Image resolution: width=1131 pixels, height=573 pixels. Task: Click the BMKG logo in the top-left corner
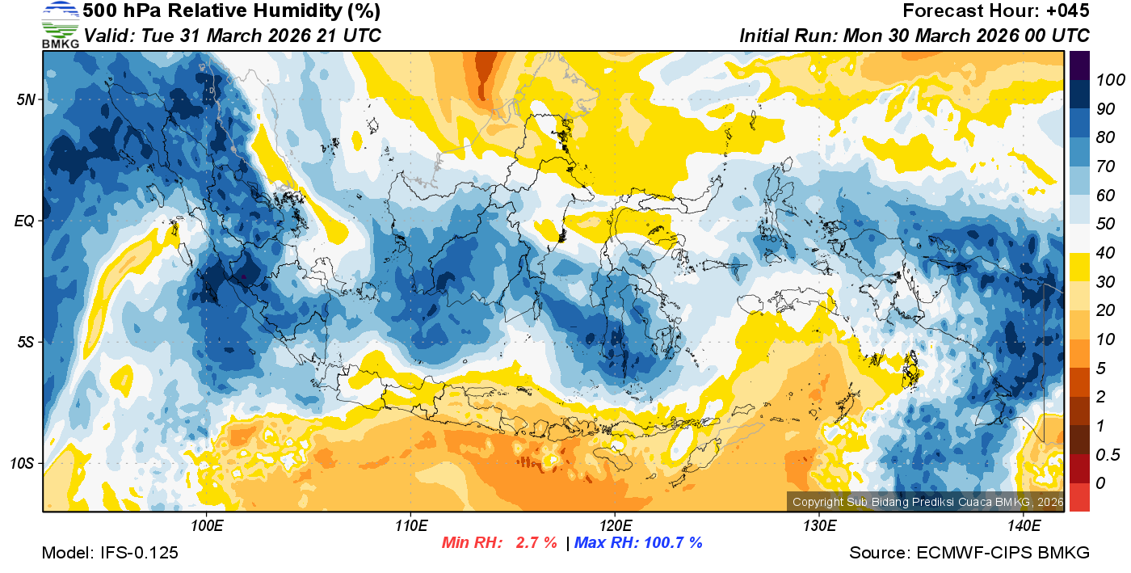click(60, 24)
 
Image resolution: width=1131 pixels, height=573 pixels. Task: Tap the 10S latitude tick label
click(21, 464)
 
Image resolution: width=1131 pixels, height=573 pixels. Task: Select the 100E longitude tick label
click(207, 526)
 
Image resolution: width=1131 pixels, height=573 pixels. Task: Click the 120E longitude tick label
click(615, 526)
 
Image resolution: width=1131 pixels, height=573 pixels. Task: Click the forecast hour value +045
click(1069, 11)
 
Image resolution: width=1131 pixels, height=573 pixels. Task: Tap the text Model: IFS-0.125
click(110, 553)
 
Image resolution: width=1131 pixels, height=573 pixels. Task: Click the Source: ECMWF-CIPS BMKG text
click(969, 553)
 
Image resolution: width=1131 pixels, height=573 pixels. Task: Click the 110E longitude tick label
click(410, 526)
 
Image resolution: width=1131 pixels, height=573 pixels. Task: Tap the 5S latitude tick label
click(23, 343)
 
